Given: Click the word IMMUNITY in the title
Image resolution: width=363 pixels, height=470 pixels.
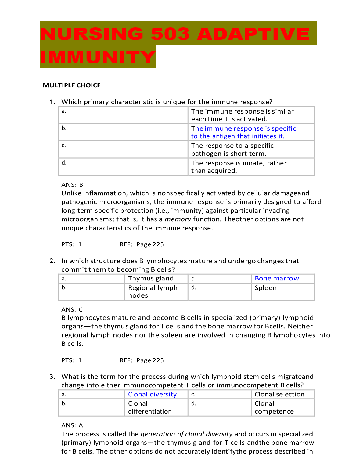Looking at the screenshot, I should [98, 57].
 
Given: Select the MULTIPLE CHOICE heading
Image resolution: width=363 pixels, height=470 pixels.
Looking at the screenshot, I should [72, 85].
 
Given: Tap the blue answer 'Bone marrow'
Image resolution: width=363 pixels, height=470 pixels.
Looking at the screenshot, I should [277, 278].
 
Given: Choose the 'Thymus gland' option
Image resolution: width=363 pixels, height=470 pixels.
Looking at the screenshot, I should [151, 278].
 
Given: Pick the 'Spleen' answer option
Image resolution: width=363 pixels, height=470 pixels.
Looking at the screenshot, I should [265, 288].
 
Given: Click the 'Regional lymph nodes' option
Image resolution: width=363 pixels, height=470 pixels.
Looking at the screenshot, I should [153, 291].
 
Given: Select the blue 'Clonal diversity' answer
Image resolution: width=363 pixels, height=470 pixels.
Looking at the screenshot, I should [152, 394].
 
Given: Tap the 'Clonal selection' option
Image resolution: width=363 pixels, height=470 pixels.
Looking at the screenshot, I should [279, 394].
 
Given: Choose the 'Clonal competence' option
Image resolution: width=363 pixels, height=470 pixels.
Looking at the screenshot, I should [274, 407].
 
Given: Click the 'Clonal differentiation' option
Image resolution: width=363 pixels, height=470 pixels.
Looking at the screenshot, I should [150, 407].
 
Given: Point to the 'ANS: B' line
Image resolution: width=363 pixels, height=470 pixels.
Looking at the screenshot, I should [72, 185].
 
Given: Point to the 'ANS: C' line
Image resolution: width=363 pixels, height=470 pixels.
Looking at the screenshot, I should [72, 309].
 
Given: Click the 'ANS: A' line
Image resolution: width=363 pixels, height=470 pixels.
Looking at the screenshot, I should [72, 425].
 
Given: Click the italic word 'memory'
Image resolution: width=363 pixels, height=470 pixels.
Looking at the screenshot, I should [178, 219].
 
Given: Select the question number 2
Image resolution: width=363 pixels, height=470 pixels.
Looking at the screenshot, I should [52, 261].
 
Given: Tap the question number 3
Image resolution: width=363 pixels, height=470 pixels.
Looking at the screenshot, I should [52, 377].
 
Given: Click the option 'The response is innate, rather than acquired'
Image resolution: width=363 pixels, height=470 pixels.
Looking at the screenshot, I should [239, 167].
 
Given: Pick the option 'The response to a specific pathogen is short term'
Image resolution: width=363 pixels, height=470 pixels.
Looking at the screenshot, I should [232, 150].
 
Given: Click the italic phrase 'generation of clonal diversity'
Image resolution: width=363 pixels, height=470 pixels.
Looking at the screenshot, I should [186, 434].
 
